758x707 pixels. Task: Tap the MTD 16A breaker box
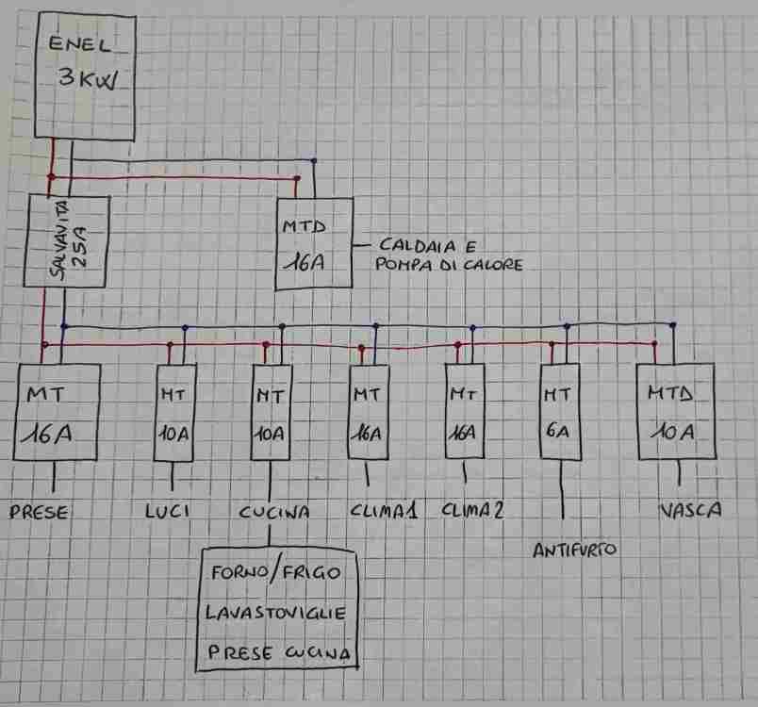pos(315,243)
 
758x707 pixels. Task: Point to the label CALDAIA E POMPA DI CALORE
pos(448,254)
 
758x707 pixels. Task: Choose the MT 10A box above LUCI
pos(175,412)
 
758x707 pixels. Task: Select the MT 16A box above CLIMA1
pos(369,411)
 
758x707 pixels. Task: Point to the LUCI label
pos(169,512)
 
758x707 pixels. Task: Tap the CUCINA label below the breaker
pos(274,512)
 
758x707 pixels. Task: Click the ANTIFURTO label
pos(573,549)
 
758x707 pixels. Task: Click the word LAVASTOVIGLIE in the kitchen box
pos(275,614)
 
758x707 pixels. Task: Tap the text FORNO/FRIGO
pos(275,573)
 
